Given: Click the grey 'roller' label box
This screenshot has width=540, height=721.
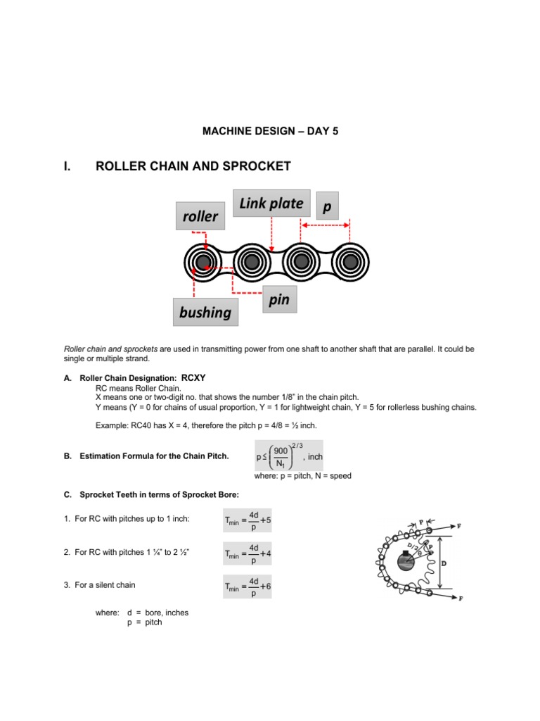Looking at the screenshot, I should click(201, 216).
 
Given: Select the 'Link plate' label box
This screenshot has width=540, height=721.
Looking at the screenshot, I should click(271, 204).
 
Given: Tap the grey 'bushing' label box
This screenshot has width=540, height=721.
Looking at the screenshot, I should click(205, 312).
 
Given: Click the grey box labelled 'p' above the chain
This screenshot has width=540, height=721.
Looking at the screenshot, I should click(326, 207).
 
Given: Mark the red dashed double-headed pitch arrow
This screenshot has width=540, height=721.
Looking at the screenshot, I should click(326, 226).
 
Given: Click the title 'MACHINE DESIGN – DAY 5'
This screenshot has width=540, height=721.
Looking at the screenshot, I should click(271, 131).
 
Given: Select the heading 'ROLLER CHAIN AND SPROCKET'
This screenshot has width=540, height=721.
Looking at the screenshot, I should click(193, 166).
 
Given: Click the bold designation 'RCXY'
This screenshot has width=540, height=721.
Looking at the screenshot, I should click(193, 377).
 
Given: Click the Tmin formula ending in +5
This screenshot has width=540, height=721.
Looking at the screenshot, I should click(247, 521).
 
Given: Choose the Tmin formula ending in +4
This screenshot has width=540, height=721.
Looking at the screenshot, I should click(247, 553).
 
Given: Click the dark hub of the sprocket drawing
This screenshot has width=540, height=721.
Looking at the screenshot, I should click(405, 562).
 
